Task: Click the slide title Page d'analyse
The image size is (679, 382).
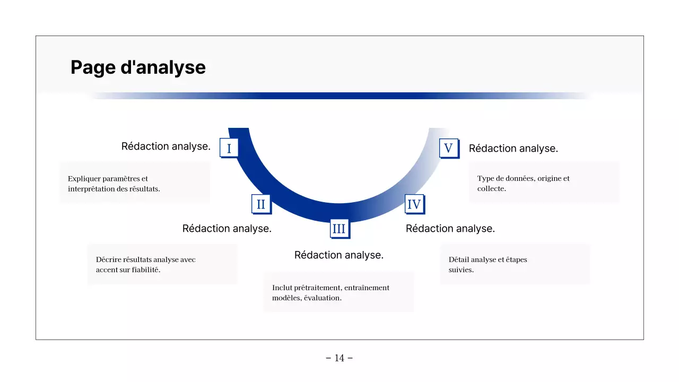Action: pyautogui.click(x=138, y=68)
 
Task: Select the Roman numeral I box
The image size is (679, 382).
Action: pyautogui.click(x=229, y=148)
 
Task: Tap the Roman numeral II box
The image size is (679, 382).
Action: pyautogui.click(x=260, y=204)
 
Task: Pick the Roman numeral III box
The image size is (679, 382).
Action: pyautogui.click(x=338, y=229)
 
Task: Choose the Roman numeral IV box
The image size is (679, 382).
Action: pyautogui.click(x=414, y=204)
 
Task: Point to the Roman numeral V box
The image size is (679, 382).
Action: pyautogui.click(x=448, y=148)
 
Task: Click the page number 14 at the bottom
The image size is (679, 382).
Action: pyautogui.click(x=339, y=358)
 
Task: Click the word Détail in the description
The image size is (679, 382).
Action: pyautogui.click(x=459, y=259)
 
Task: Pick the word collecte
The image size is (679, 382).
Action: pyautogui.click(x=491, y=188)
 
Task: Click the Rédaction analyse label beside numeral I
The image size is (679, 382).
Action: pyautogui.click(x=166, y=146)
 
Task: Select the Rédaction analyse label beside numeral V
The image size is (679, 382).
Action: pyautogui.click(x=513, y=149)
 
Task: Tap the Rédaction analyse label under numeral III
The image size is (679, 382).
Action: pyautogui.click(x=338, y=255)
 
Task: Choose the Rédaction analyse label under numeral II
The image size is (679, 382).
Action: pyautogui.click(x=227, y=229)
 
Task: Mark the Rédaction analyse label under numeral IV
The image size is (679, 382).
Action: pyautogui.click(x=450, y=229)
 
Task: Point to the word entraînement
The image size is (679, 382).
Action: pyautogui.click(x=367, y=288)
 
